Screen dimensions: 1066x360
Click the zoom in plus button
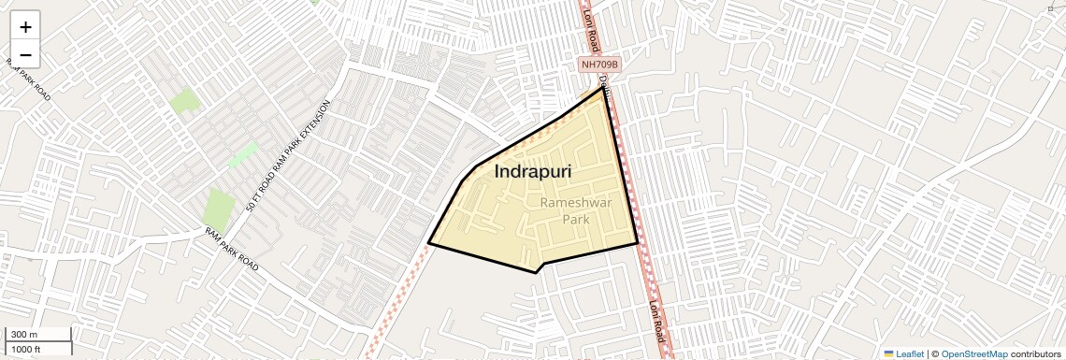coord(25,27)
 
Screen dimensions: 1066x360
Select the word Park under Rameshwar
coord(577,219)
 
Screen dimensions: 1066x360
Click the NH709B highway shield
coord(599,64)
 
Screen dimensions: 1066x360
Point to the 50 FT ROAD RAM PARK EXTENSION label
coord(289,155)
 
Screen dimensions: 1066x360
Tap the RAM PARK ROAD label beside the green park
coord(232,250)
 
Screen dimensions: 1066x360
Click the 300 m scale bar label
coord(24,335)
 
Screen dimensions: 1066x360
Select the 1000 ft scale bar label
coord(27,349)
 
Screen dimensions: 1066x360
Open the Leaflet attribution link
coord(904,353)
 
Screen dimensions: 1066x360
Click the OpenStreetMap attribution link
coord(973,353)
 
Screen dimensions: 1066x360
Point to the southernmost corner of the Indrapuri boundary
coord(536,272)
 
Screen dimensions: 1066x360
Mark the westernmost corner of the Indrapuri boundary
coord(428,243)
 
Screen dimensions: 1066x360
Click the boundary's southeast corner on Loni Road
coord(638,243)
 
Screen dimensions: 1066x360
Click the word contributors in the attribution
coord(1035,353)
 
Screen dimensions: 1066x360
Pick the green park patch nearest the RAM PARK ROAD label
coord(219,207)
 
